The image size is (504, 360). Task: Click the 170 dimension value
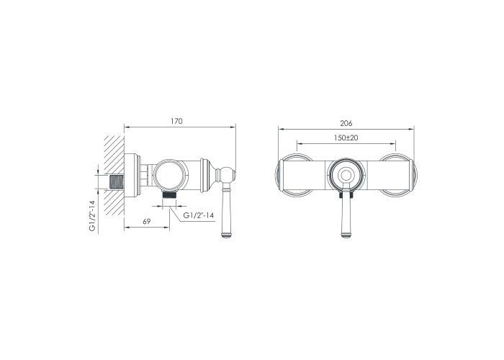[176, 121]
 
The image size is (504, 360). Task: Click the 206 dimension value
[346, 123]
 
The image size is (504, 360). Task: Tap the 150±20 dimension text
[346, 138]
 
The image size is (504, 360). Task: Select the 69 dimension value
[147, 222]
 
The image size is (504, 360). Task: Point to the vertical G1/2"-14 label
[92, 215]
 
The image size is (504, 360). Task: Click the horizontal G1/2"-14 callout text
[199, 215]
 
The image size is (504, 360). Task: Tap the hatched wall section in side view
[114, 175]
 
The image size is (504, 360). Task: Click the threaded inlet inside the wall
[117, 182]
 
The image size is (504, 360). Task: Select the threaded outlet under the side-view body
[169, 194]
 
